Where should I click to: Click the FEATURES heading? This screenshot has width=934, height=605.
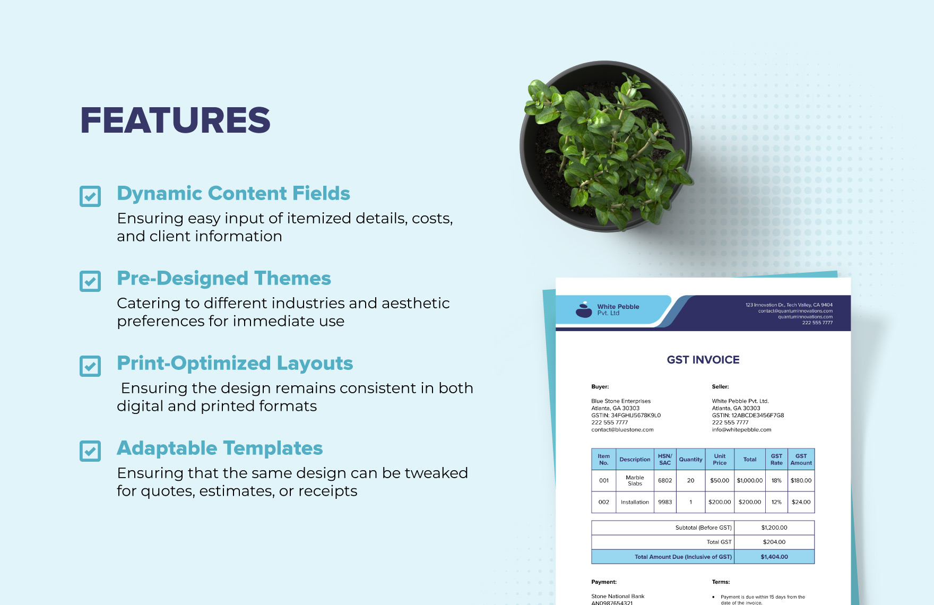tap(175, 120)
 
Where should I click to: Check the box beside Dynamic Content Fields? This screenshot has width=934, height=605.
tap(90, 196)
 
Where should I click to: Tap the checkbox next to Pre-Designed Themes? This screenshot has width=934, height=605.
tap(90, 281)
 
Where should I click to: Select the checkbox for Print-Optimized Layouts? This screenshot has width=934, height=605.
tap(90, 366)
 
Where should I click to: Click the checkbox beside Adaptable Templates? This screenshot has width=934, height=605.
tap(90, 451)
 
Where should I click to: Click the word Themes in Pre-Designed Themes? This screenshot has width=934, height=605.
tap(292, 279)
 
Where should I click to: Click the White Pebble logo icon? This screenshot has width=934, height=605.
tap(584, 310)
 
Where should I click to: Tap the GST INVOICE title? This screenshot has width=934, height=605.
tap(703, 360)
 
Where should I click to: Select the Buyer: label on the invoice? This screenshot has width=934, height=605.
tap(600, 387)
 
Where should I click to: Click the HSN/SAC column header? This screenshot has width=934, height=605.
tap(665, 460)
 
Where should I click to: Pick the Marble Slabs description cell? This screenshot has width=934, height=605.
tap(635, 481)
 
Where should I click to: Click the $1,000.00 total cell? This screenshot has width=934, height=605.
tap(749, 481)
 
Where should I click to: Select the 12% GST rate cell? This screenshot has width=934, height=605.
tap(776, 502)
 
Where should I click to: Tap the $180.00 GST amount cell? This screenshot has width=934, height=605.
tap(801, 481)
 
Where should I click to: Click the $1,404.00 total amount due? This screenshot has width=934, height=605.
tap(774, 557)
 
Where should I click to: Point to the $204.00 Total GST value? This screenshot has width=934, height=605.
tap(774, 542)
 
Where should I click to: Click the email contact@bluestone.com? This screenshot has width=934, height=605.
tap(622, 430)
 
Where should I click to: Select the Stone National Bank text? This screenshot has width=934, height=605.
tap(618, 597)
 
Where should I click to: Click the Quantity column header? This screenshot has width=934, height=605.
tap(690, 460)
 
